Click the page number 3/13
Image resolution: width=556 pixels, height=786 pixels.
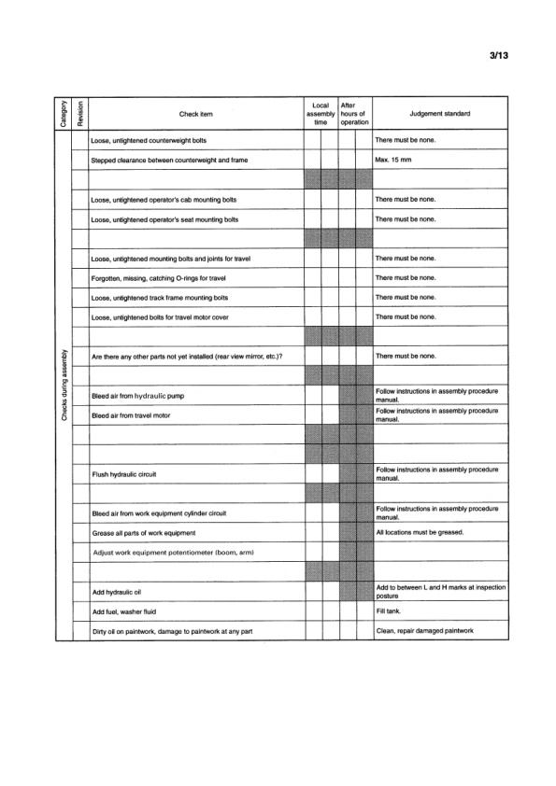497,55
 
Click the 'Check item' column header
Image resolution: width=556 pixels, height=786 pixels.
196,114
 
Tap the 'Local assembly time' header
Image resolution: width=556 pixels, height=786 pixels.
321,114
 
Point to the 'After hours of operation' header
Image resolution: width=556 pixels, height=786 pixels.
355,114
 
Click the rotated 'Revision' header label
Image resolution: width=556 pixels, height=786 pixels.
80,114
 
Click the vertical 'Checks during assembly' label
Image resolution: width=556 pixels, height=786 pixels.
64,386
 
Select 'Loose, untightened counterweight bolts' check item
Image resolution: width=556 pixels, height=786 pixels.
149,141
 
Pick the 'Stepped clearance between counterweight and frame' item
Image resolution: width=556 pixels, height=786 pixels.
168,161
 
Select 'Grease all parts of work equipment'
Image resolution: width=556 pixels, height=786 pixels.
143,532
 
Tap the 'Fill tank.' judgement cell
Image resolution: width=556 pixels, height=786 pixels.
386,611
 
